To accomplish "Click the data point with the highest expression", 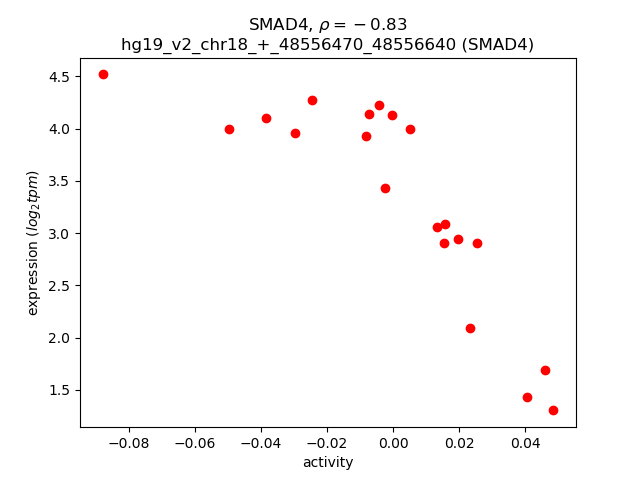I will pos(103,74).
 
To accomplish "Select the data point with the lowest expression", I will pos(553,410).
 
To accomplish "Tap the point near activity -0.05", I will pos(229,129).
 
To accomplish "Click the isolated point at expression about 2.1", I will pos(470,328).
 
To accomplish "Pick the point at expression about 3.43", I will pos(385,188).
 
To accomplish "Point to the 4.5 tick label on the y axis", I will pos(59,77).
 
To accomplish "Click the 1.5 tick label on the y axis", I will pos(59,390).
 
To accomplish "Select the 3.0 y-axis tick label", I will pos(59,234).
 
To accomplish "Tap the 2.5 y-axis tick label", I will pos(59,286).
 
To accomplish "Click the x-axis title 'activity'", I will pos(328,462).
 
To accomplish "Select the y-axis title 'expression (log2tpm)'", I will pos(33,243).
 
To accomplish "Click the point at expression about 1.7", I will pos(545,370).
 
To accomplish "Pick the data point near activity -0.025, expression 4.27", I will pos(312,100).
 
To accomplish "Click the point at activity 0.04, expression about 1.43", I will pos(527,397).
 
